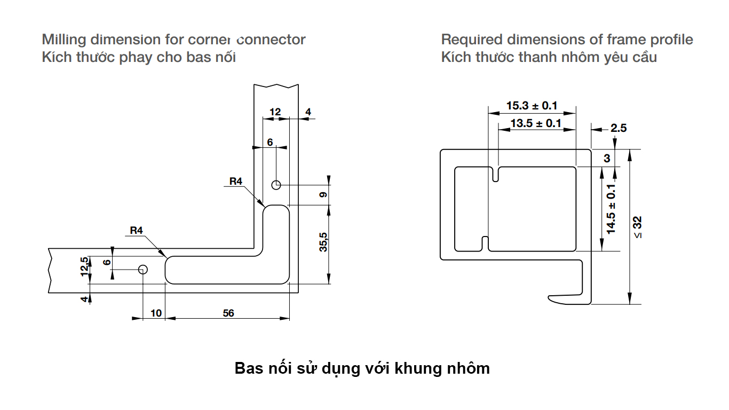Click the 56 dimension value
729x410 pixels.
[x=228, y=313]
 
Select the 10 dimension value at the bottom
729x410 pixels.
[x=156, y=313]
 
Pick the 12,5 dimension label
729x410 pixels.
[x=84, y=266]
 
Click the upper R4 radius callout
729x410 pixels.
[x=236, y=182]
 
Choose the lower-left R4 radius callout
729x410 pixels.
[x=137, y=231]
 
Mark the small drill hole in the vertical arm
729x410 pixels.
[x=276, y=185]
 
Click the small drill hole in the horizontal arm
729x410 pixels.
[x=142, y=269]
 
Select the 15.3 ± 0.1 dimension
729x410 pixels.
[x=532, y=106]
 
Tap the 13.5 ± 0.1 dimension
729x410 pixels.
[x=536, y=124]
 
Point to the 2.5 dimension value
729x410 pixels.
[x=619, y=128]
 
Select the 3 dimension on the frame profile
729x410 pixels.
[x=607, y=159]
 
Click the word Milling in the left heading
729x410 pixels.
[x=65, y=40]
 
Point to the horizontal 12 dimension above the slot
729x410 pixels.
[x=275, y=112]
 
